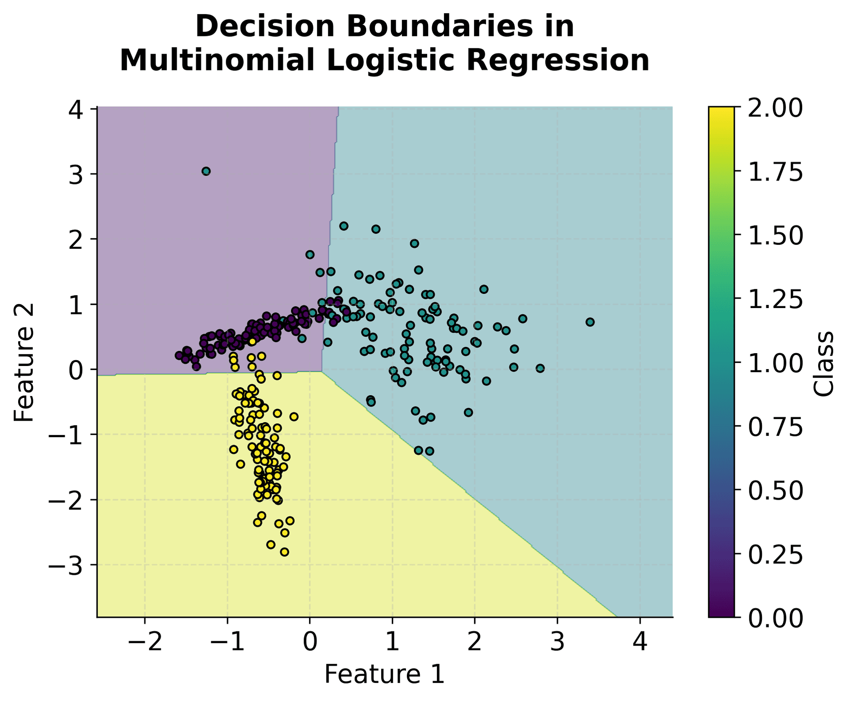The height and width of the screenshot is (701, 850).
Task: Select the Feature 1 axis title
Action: (x=384, y=674)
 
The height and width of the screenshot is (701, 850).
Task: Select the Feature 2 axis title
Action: (x=24, y=362)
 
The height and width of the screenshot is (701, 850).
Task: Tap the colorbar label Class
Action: (x=824, y=363)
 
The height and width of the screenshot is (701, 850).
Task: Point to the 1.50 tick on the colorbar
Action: (x=775, y=235)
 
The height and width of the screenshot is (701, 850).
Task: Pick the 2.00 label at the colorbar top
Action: (x=775, y=108)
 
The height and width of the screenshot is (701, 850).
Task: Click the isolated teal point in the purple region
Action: (x=206, y=171)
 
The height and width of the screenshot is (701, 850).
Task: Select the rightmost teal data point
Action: (x=590, y=322)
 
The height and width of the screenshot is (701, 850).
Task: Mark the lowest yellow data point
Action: (x=285, y=552)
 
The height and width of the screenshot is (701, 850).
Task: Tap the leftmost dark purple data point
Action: (x=179, y=355)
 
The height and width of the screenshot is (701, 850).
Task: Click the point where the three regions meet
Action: (x=322, y=372)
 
